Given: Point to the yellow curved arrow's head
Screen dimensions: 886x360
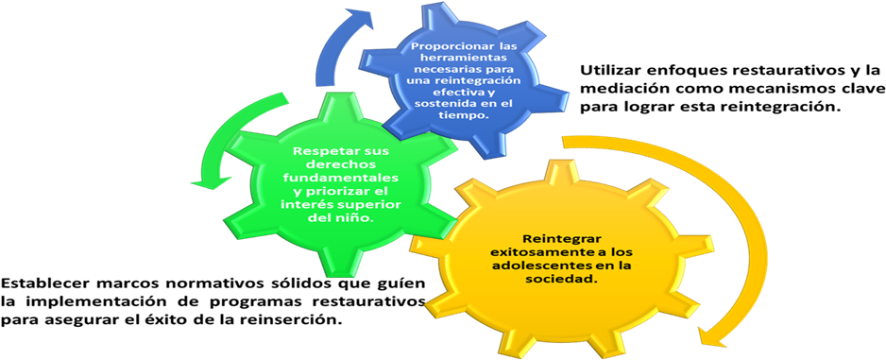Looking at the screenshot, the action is click(714, 334).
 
